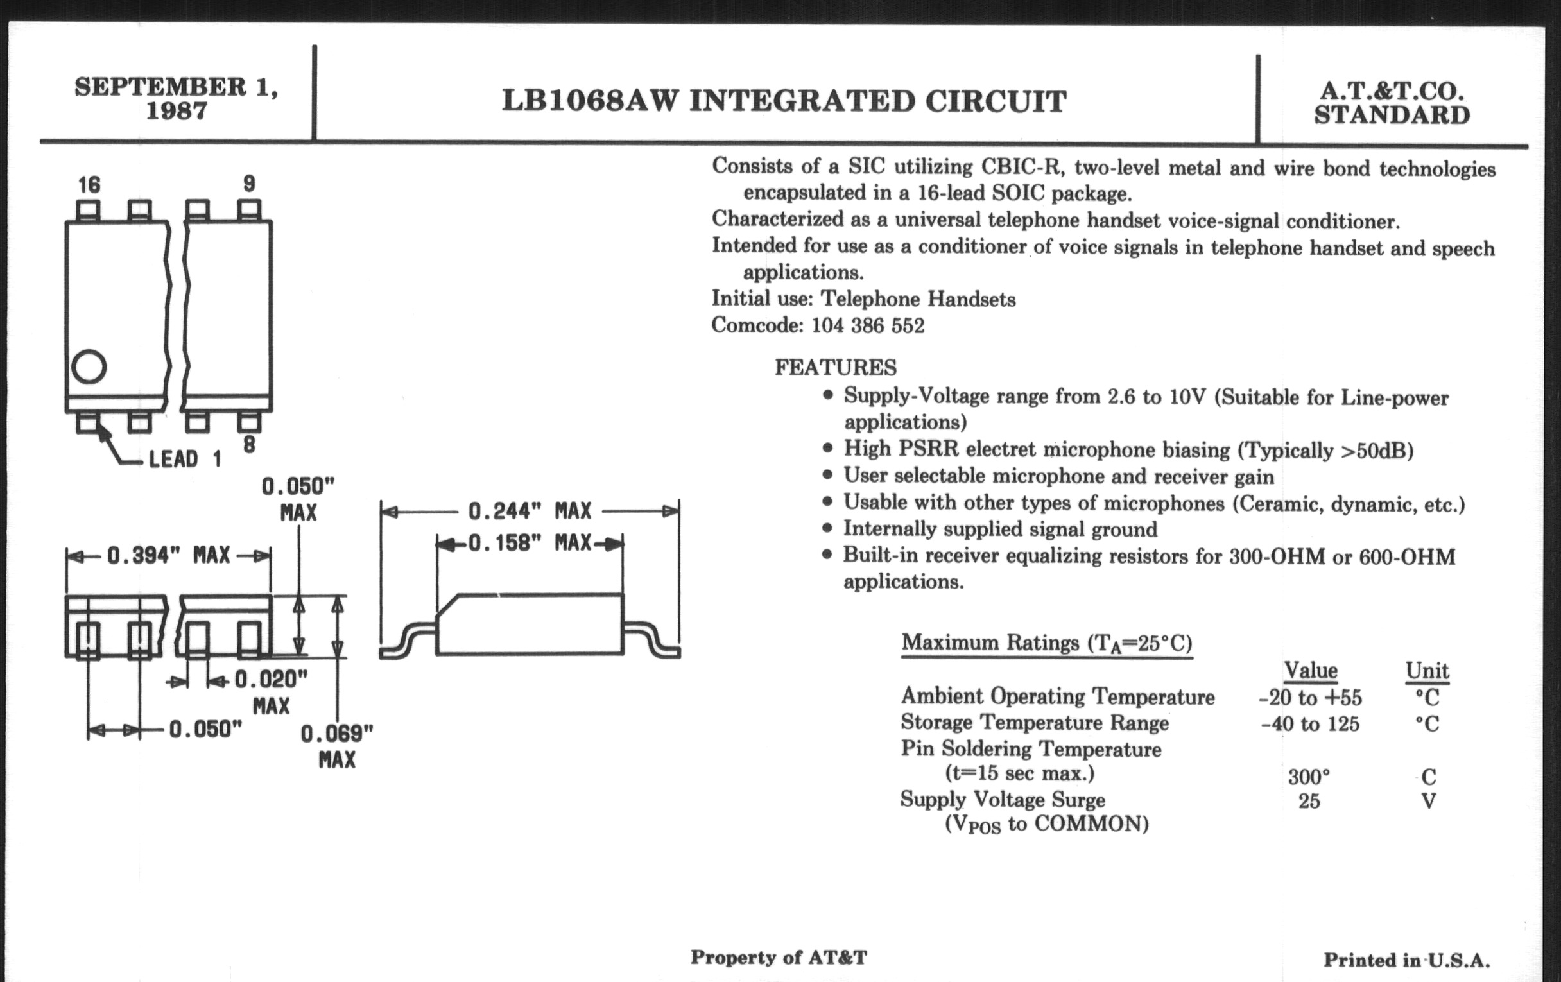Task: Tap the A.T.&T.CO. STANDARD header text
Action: coord(1391,103)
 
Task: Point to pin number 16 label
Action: coord(89,185)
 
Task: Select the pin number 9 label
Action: coord(249,184)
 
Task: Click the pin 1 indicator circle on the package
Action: coord(89,367)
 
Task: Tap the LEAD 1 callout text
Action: coord(185,460)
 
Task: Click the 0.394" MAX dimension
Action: coord(169,555)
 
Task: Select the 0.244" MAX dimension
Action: coord(530,512)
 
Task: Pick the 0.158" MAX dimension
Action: coord(530,543)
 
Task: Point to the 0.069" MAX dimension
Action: coord(337,746)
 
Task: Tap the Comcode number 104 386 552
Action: coord(868,325)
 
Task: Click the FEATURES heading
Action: coord(836,368)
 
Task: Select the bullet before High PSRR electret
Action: coord(827,448)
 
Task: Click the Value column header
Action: coord(1311,670)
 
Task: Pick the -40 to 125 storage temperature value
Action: coord(1310,723)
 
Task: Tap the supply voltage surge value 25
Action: coord(1309,801)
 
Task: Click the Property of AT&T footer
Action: coord(779,958)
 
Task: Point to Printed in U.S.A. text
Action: coord(1407,960)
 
